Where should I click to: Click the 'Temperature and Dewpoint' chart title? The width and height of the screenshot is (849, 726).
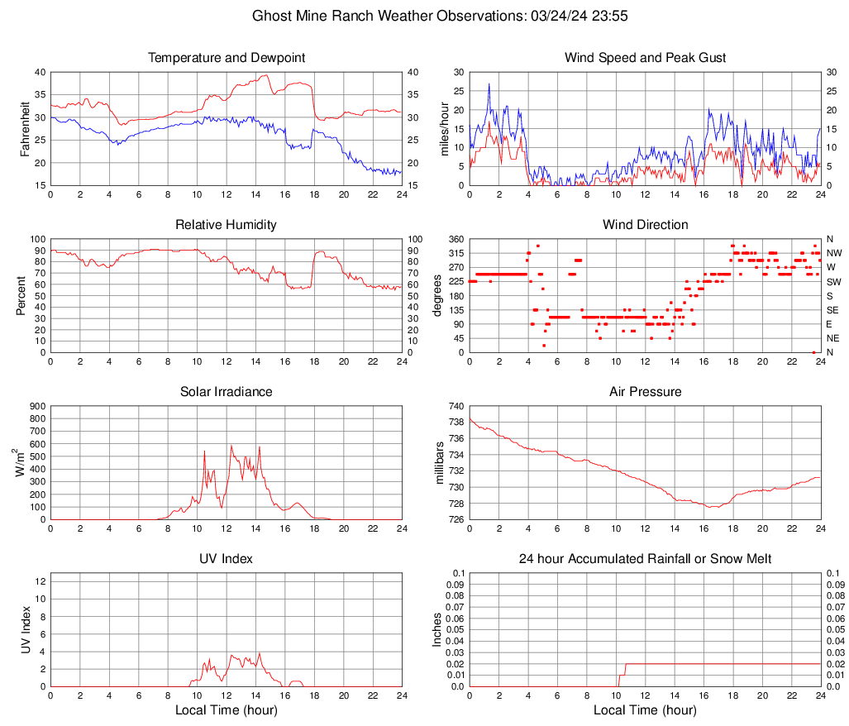click(227, 58)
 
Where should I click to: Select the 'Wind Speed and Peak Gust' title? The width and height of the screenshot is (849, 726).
click(646, 58)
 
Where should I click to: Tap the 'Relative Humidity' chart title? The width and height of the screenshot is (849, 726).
click(227, 225)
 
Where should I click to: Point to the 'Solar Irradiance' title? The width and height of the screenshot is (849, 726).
click(227, 392)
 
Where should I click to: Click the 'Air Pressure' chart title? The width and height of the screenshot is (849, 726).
click(646, 392)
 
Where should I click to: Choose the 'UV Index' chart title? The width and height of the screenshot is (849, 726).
click(227, 559)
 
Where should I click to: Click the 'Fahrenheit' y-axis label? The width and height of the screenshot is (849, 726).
click(25, 128)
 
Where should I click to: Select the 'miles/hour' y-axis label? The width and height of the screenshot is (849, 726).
click(445, 128)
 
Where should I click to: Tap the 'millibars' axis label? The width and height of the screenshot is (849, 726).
click(441, 463)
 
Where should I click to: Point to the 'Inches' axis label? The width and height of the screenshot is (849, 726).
click(439, 630)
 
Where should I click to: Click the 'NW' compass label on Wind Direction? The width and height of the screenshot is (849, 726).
click(834, 253)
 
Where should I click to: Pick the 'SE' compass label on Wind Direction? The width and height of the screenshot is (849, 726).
click(833, 310)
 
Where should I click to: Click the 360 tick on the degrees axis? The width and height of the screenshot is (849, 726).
click(453, 239)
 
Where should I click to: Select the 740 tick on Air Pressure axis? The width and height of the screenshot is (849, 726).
click(453, 406)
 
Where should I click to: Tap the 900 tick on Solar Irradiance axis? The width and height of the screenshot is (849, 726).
click(36, 406)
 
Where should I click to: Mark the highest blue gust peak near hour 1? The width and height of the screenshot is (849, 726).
click(489, 84)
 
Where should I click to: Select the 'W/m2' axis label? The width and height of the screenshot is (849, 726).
click(18, 463)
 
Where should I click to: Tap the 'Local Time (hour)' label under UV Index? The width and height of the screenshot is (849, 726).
click(227, 710)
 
